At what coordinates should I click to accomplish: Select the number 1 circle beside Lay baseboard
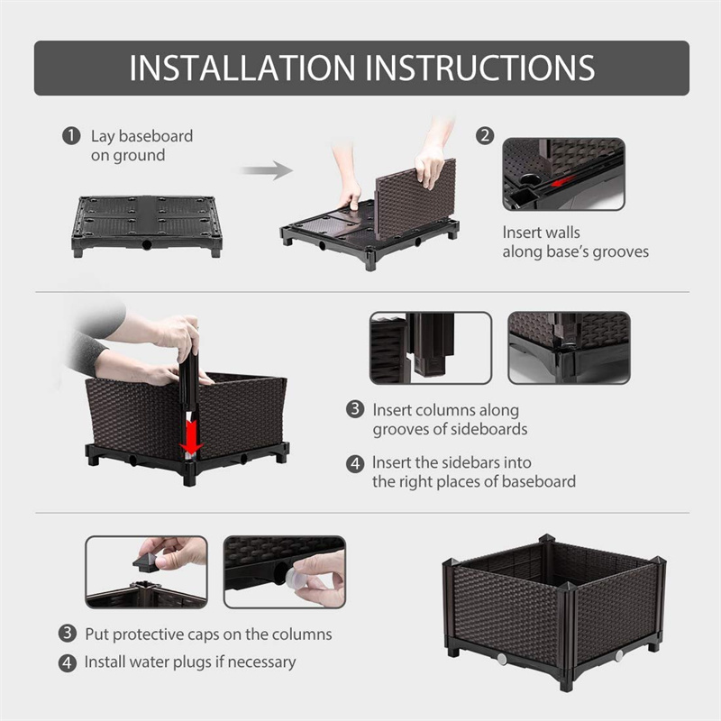tap(70, 137)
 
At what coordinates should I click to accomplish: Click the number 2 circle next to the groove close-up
tap(486, 136)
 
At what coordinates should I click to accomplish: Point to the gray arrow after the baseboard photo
tap(267, 170)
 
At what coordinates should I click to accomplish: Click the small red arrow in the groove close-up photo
tap(562, 182)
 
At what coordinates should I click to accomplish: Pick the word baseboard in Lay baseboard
tap(156, 137)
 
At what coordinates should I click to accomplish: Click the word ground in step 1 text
tap(140, 156)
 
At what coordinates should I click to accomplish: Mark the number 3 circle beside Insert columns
tap(355, 409)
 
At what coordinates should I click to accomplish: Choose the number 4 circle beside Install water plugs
tap(68, 662)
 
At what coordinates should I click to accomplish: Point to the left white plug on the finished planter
tap(502, 660)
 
